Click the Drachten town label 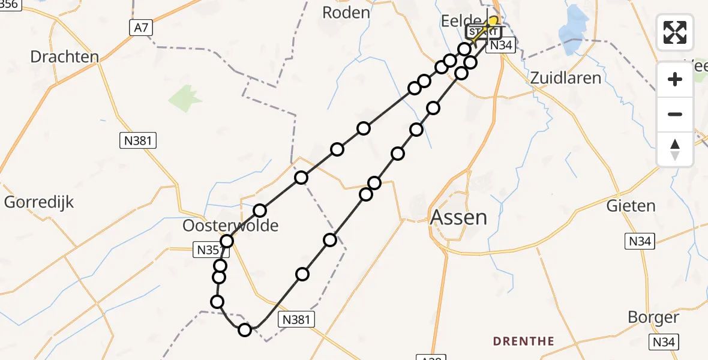(x=65, y=57)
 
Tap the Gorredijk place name (x=39, y=202)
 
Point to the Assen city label (x=459, y=217)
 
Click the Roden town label (x=346, y=12)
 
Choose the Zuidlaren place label (x=565, y=78)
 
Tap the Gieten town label (x=631, y=206)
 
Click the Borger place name (x=653, y=317)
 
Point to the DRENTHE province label (x=524, y=341)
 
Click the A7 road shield (x=139, y=27)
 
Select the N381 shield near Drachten (x=137, y=142)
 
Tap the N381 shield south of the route (x=296, y=320)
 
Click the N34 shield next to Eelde (x=499, y=46)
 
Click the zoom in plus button (x=675, y=79)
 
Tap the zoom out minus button (x=675, y=114)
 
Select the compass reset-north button (x=675, y=149)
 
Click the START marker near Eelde (x=483, y=32)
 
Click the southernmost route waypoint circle (x=245, y=329)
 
